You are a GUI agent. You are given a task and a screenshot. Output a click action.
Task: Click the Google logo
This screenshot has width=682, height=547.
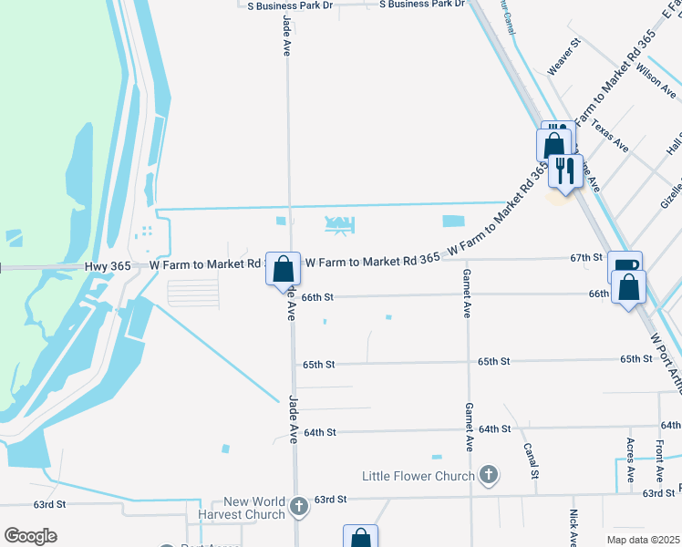point(30,535)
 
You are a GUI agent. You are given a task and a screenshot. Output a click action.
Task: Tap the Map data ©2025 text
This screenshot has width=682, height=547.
point(644,540)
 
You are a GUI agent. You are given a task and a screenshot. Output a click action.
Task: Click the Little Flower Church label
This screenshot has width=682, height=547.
point(418,476)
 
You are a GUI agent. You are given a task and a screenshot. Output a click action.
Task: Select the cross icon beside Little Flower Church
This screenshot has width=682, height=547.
point(490,474)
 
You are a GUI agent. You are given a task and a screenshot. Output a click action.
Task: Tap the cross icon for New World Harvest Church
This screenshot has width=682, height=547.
point(299,505)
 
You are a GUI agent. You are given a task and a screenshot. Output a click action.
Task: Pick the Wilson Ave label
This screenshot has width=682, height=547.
point(656,80)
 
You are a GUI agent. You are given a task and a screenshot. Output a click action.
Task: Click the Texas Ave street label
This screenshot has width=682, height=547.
point(610,134)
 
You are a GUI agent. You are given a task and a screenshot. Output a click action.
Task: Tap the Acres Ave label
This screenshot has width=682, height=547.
point(631,459)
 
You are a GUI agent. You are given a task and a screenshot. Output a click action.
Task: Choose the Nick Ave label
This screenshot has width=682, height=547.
point(573,527)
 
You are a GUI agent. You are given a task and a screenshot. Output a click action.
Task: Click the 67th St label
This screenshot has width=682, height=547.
point(586,258)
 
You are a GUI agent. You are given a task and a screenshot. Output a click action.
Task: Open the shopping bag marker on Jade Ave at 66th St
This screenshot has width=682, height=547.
point(284,269)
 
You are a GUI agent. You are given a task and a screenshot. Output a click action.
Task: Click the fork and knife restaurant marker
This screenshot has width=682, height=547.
point(565,170)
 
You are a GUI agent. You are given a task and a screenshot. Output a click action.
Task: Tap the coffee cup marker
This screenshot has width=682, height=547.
point(625,266)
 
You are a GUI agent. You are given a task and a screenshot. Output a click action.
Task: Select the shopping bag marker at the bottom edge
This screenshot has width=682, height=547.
point(360,538)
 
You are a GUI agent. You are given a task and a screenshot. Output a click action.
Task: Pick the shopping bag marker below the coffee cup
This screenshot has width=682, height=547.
point(629,287)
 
